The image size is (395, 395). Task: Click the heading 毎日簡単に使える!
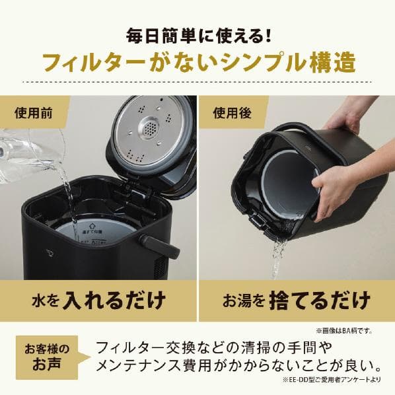tap(197, 34)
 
